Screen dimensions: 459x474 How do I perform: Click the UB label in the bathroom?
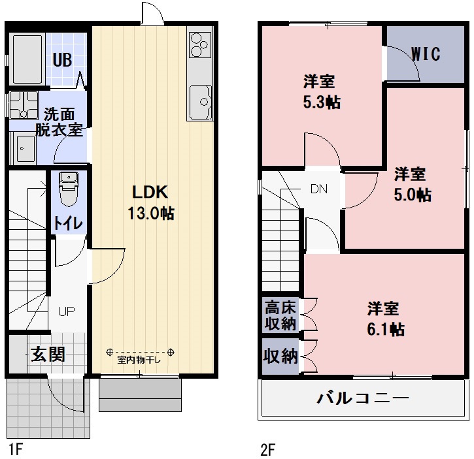[63, 60]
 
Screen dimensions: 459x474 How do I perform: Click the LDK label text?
[151, 192]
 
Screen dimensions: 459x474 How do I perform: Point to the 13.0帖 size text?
[152, 213]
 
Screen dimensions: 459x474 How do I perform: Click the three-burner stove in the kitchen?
[200, 45]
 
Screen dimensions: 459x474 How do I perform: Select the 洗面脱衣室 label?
[59, 121]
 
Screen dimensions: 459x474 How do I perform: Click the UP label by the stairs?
[65, 311]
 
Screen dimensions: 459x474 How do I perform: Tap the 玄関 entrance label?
[48, 355]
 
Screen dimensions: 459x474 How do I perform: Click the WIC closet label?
[426, 54]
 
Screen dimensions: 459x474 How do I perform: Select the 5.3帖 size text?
[320, 103]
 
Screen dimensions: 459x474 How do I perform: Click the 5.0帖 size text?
[412, 195]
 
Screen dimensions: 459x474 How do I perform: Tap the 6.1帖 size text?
[384, 328]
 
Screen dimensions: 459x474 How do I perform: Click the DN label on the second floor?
[318, 189]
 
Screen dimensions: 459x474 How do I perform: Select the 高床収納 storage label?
[280, 315]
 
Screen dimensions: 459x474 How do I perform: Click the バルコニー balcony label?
[363, 398]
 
